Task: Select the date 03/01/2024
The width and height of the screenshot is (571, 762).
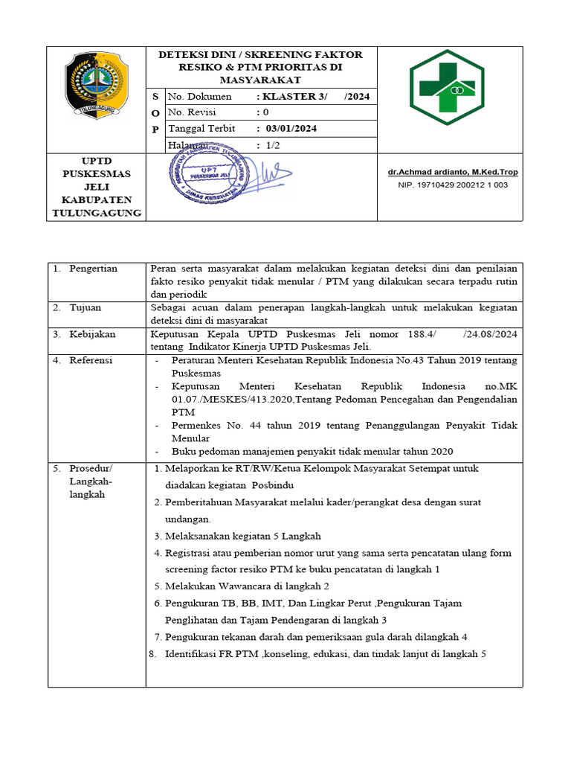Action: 286,129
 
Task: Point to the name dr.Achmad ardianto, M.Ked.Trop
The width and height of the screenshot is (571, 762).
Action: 453,173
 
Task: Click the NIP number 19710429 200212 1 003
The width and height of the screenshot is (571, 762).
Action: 453,185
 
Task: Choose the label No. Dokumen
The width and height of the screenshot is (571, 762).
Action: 200,97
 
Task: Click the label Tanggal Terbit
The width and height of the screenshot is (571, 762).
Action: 202,129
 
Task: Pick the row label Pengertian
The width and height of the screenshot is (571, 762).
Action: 93,269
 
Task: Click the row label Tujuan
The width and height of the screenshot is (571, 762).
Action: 86,307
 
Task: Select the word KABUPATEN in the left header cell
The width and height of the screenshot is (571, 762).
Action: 97,199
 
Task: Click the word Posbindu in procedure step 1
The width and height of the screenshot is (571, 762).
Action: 272,484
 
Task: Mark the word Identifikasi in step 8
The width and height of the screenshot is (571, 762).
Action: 193,654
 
